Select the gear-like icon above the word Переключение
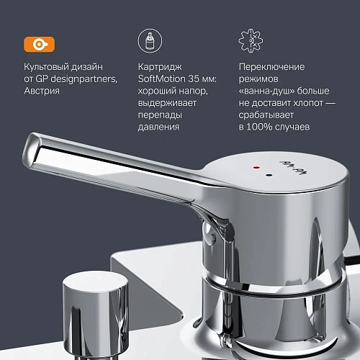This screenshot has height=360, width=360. pos(248,40)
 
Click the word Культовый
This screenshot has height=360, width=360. pos(47,67)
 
